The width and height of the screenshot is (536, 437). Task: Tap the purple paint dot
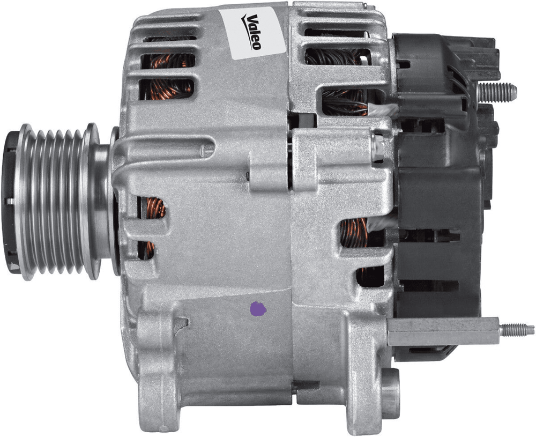258,309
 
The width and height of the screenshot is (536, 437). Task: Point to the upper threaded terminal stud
496,92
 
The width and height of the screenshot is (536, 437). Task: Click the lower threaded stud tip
516,330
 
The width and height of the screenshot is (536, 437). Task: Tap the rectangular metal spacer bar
443,331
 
